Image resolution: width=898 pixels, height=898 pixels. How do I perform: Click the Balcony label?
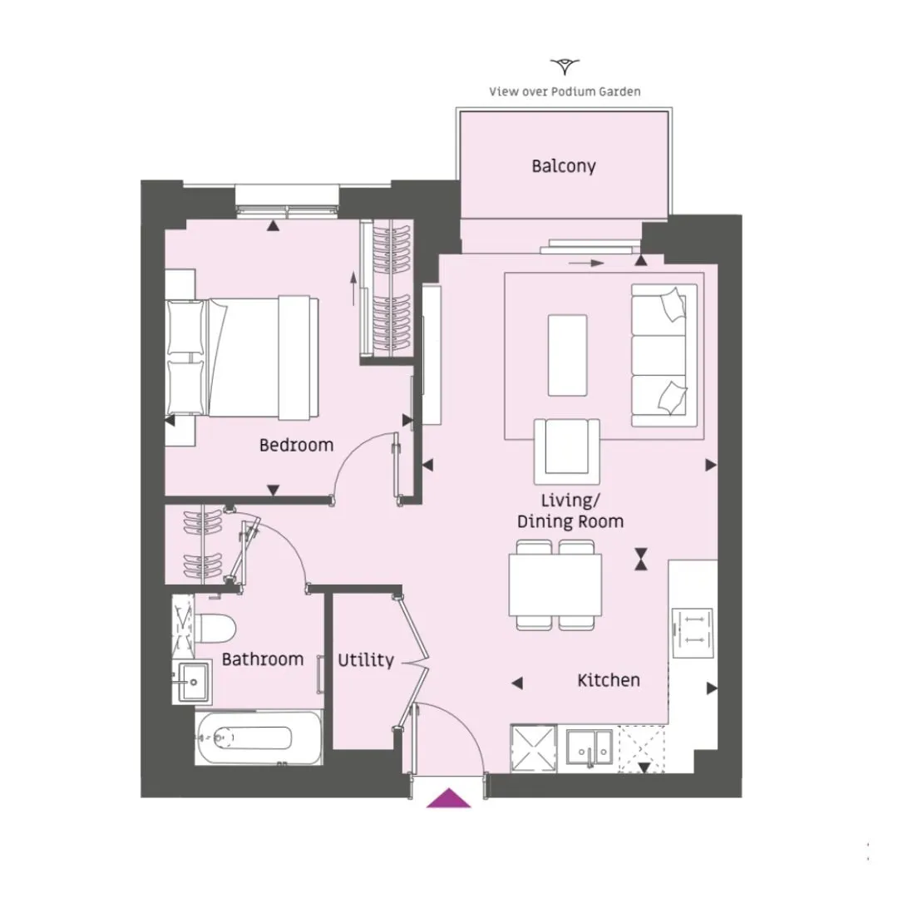(x=564, y=166)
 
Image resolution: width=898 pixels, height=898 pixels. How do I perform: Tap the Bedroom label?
(x=296, y=445)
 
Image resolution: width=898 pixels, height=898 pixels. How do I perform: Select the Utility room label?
(x=365, y=660)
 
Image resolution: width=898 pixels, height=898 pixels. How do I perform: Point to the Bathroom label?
(x=262, y=659)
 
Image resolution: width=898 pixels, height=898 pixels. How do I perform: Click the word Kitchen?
(x=608, y=680)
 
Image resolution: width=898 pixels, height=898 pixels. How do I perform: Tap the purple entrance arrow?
(x=448, y=797)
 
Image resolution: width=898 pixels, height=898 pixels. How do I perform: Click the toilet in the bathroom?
(x=215, y=629)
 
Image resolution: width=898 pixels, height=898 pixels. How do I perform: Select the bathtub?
(x=259, y=738)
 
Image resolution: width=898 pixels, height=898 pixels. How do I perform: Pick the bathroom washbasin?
(x=194, y=682)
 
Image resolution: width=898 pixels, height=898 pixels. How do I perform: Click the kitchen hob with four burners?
(x=693, y=633)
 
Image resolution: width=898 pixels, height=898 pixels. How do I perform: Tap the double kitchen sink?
(x=590, y=748)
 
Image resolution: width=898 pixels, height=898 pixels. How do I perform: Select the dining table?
(x=555, y=585)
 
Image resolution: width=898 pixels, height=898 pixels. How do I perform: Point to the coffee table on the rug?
(x=567, y=355)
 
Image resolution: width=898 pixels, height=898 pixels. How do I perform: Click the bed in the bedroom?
(x=242, y=356)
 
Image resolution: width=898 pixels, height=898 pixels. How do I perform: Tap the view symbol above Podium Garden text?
(x=565, y=67)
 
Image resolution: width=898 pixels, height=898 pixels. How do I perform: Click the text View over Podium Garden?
(x=565, y=91)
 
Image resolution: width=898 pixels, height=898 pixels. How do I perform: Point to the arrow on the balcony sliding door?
(x=586, y=264)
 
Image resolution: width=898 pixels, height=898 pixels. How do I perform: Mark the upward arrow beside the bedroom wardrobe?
(x=354, y=288)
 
